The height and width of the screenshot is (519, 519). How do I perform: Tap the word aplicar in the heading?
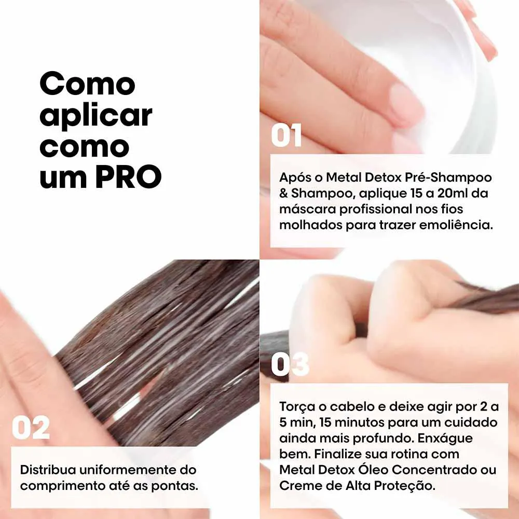(x=95, y=116)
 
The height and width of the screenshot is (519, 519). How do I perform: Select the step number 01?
(x=286, y=135)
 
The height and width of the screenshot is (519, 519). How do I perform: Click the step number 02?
(x=31, y=428)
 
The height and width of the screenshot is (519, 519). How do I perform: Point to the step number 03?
(x=290, y=364)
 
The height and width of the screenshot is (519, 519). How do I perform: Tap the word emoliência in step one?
(x=456, y=225)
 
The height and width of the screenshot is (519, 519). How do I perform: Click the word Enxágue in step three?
(x=445, y=439)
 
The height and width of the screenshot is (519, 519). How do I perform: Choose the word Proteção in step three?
(x=404, y=486)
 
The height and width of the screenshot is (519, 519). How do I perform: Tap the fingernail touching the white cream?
(x=406, y=105)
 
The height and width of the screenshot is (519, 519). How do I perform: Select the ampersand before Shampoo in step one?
(x=284, y=193)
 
